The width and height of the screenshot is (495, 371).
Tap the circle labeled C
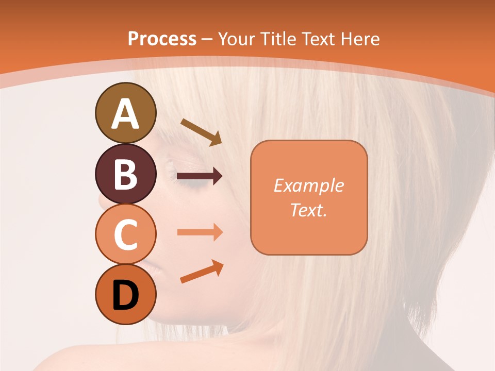point(126,234)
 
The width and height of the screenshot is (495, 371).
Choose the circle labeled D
point(126,295)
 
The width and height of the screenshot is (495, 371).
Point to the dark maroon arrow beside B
point(200,176)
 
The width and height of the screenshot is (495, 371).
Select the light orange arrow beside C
point(200,232)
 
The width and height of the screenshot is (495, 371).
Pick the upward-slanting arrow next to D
point(202,272)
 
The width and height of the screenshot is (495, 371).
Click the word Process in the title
point(162,39)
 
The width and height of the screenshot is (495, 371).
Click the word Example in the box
point(309,185)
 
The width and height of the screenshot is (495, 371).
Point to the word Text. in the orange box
point(309,210)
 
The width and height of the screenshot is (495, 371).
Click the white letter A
point(126,114)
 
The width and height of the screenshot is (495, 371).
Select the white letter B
point(126,174)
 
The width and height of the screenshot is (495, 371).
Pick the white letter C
point(126,235)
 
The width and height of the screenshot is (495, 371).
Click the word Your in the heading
point(237,39)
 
